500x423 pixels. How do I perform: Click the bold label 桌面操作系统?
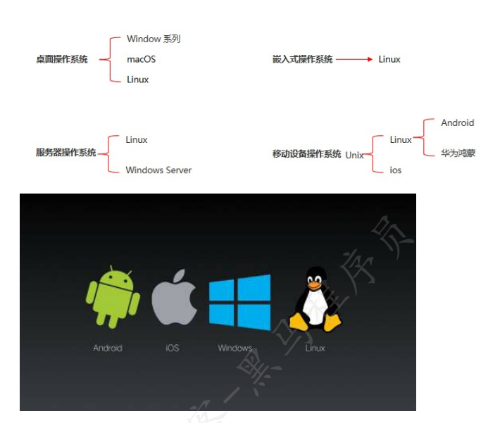[x=62, y=60]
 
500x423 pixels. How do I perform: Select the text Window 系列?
[x=154, y=39]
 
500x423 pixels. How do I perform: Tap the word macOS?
[x=141, y=60]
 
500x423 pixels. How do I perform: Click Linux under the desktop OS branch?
[x=138, y=80]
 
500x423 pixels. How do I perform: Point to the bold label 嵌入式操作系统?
[x=302, y=60]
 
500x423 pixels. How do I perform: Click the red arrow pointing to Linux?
[x=354, y=60]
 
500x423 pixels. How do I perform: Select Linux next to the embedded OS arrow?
[x=389, y=60]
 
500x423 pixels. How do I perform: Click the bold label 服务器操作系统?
[x=65, y=153]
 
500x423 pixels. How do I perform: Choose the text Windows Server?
[x=158, y=170]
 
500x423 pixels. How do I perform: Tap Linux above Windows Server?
[x=137, y=140]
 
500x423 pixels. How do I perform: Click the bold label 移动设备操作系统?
[x=306, y=154]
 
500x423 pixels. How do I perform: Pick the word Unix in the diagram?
[x=354, y=155]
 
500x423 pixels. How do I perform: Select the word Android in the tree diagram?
[x=458, y=123]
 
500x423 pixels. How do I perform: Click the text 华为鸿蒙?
[x=458, y=153]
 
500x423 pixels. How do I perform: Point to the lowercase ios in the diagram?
[x=396, y=170]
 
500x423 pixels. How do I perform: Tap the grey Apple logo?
[x=174, y=298]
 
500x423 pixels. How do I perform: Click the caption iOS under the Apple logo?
[x=173, y=348]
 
